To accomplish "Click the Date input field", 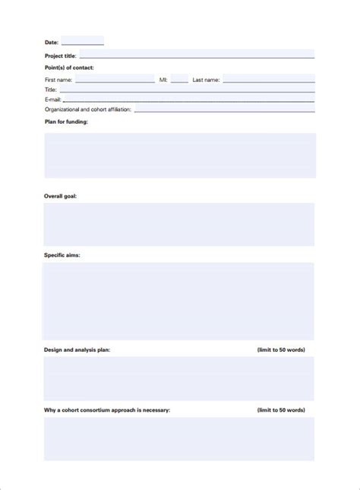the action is click(82, 42).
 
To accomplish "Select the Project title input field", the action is click(196, 55).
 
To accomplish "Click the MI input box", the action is click(179, 79).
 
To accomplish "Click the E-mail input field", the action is click(188, 99).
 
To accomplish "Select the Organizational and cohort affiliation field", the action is click(224, 109).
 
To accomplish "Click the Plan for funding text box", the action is click(179, 156).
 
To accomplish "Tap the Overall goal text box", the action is click(179, 224).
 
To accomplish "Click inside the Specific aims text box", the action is click(179, 301).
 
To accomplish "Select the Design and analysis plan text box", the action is click(179, 378).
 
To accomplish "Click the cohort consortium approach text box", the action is click(179, 438).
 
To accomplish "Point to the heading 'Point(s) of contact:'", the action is click(70, 68).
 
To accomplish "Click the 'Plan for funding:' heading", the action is click(66, 122).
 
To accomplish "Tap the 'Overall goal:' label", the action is click(61, 196).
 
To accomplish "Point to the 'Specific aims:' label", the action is click(62, 255).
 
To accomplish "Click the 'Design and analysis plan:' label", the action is click(77, 349).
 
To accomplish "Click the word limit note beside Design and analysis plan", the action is click(281, 349).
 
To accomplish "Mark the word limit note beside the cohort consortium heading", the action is click(281, 410).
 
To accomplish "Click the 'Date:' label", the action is click(52, 43).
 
